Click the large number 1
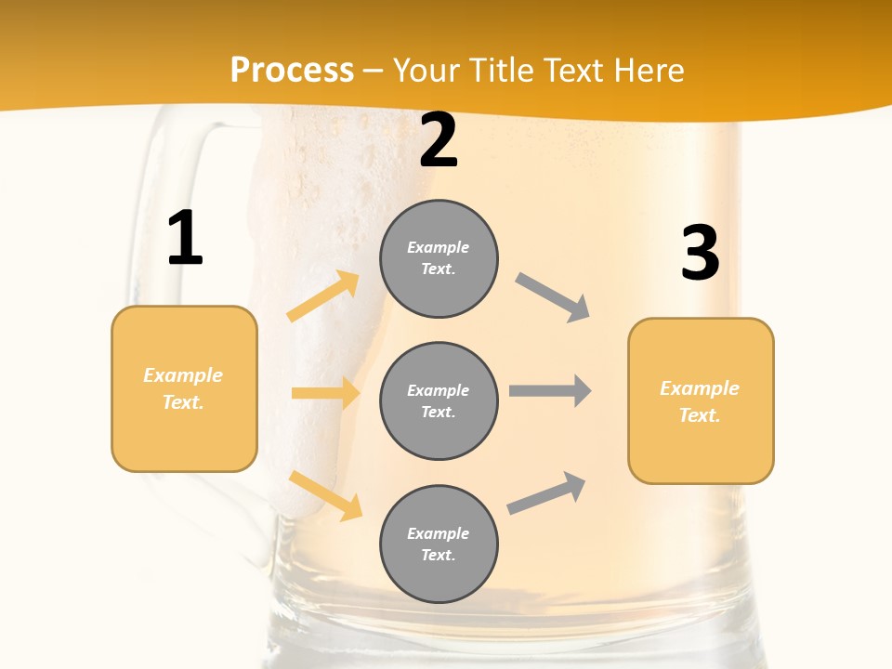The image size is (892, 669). pyautogui.click(x=185, y=239)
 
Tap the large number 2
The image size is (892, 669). pyautogui.click(x=439, y=141)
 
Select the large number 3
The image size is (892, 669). pyautogui.click(x=700, y=253)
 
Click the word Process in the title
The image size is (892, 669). pyautogui.click(x=292, y=71)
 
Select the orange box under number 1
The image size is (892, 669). pyautogui.click(x=184, y=388)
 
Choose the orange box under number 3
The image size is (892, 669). pyautogui.click(x=701, y=400)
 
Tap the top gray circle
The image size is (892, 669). pyautogui.click(x=439, y=258)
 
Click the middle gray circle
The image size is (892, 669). pyautogui.click(x=439, y=400)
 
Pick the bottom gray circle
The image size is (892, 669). pyautogui.click(x=439, y=544)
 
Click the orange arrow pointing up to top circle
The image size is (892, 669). pyautogui.click(x=323, y=296)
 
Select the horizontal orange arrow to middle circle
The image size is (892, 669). pyautogui.click(x=325, y=393)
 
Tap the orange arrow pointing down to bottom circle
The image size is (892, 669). pyautogui.click(x=326, y=495)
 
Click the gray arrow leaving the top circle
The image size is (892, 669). pyautogui.click(x=553, y=296)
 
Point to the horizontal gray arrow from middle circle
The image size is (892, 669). pyautogui.click(x=550, y=390)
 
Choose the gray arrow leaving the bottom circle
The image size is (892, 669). pyautogui.click(x=547, y=492)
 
